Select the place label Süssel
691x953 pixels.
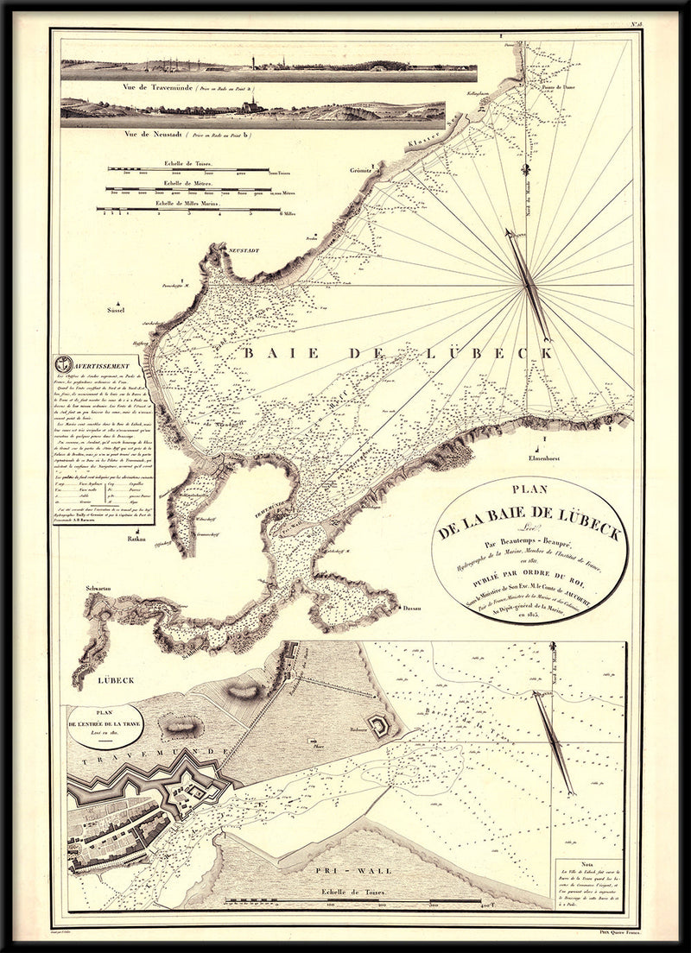tap(117, 309)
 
